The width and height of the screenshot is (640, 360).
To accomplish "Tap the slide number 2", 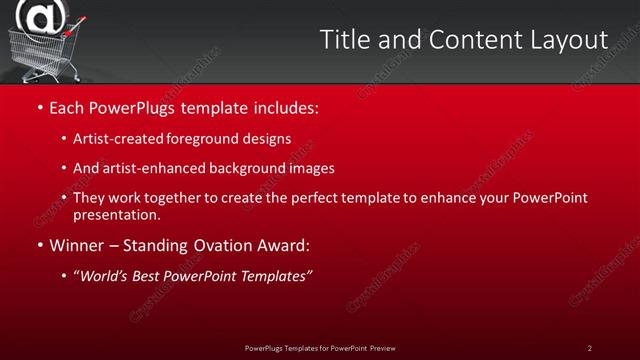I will [x=589, y=348].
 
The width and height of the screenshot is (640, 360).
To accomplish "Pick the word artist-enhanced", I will [x=149, y=169].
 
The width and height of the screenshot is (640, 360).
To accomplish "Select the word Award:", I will [x=283, y=245].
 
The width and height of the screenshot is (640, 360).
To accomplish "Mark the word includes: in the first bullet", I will [x=282, y=106].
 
